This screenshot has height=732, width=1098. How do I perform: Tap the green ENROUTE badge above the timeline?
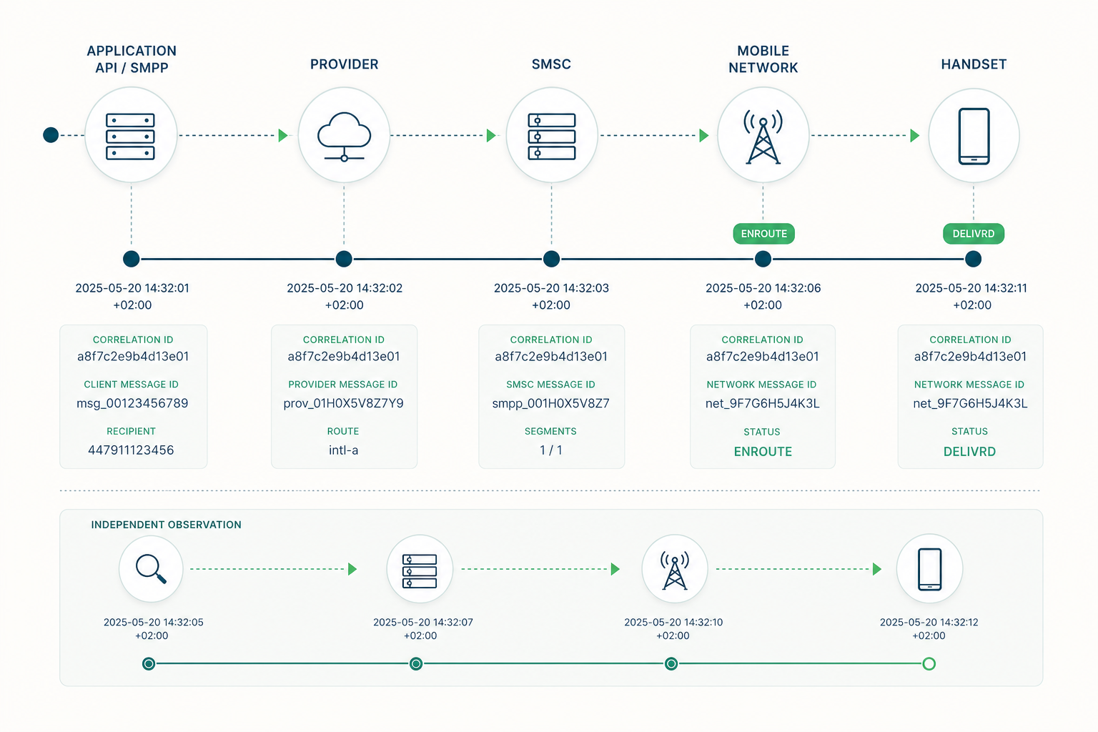pos(763,234)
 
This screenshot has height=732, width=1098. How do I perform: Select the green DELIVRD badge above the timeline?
pos(974,234)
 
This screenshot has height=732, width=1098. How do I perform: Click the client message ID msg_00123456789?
pos(132,403)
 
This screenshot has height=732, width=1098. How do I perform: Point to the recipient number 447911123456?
pos(131,450)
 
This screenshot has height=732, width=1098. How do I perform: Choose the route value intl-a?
pos(344,450)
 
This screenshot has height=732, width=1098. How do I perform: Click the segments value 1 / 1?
pos(551,450)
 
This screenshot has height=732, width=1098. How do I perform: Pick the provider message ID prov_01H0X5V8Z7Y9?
pos(344,403)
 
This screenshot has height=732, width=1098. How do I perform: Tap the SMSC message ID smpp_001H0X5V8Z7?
pos(551,403)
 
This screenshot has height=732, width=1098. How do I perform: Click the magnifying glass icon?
pos(151,569)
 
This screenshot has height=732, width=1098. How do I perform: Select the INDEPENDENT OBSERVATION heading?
pos(166,525)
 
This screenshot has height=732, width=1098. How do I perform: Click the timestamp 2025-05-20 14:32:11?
pos(971,288)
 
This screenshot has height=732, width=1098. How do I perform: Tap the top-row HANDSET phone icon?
pos(974,137)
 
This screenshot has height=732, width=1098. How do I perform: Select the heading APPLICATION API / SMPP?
pos(132,59)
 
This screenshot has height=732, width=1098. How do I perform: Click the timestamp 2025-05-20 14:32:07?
pos(423,622)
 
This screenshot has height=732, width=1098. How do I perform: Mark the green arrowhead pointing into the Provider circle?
pos(283,135)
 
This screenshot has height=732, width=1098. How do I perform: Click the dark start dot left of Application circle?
pos(51,135)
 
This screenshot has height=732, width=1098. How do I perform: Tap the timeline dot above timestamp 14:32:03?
pos(551,259)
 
